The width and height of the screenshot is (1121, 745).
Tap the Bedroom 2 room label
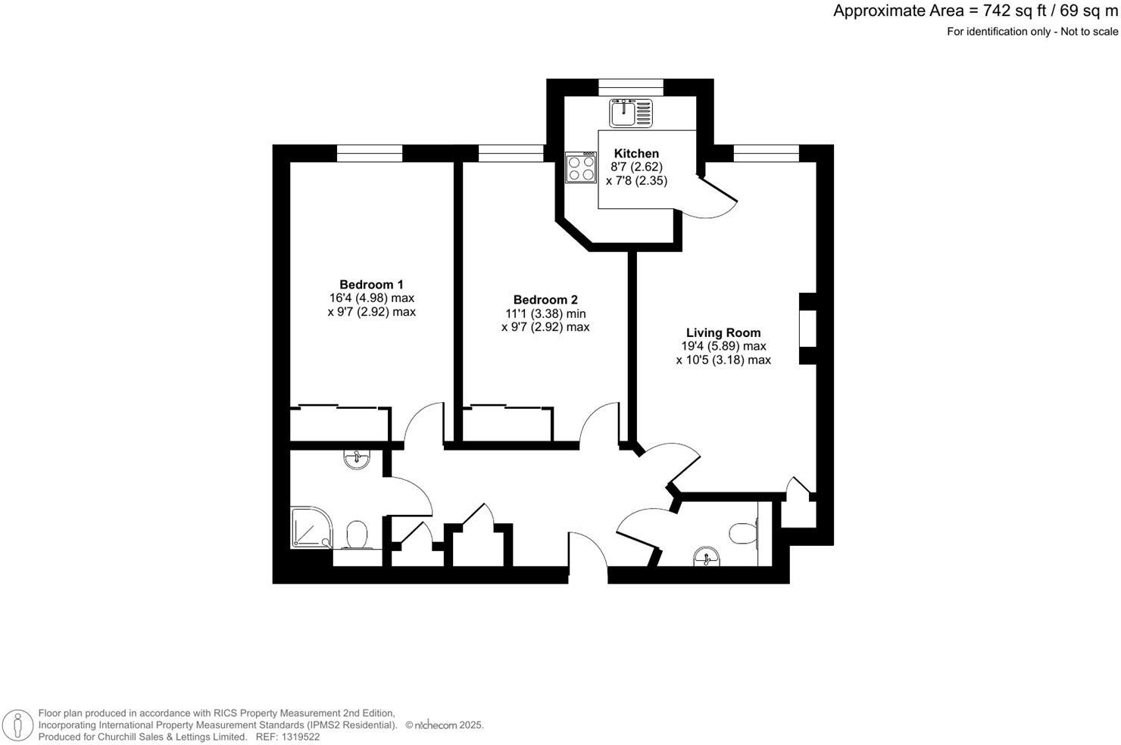545,300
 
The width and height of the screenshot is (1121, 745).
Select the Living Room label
723,332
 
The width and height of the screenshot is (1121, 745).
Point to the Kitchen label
636,154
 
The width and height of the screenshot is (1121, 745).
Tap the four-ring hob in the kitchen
581,167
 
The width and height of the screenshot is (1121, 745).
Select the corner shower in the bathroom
310,527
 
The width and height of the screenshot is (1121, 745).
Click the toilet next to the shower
355,535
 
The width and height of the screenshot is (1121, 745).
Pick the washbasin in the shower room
356,459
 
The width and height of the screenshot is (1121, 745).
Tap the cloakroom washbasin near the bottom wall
707,558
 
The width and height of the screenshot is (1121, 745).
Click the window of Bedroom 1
370,154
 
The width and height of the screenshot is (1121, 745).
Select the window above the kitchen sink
631,87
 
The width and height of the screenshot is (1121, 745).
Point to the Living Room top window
766,154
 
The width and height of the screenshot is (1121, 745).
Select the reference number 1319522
299,737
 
